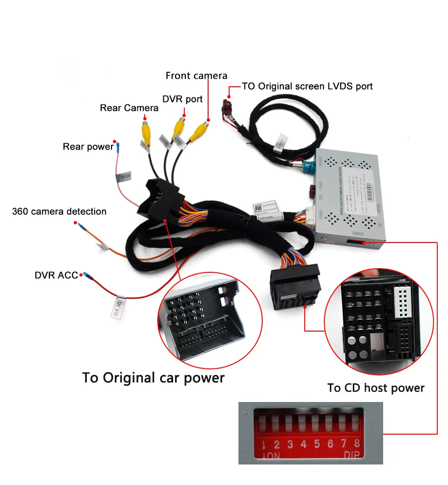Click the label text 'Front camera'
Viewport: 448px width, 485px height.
(196, 76)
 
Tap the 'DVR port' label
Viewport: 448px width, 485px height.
(182, 99)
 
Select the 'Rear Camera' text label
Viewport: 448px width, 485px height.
(129, 108)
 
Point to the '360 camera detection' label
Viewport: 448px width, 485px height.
(59, 212)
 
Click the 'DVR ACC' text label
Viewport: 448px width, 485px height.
(56, 275)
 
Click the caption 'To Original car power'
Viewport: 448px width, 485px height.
(153, 377)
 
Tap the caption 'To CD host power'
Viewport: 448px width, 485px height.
(376, 388)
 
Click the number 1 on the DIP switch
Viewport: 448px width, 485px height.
(264, 444)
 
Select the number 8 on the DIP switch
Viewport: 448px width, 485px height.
(357, 443)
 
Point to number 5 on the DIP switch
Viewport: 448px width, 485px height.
(317, 444)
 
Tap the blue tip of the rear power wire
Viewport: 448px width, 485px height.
(117, 147)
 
